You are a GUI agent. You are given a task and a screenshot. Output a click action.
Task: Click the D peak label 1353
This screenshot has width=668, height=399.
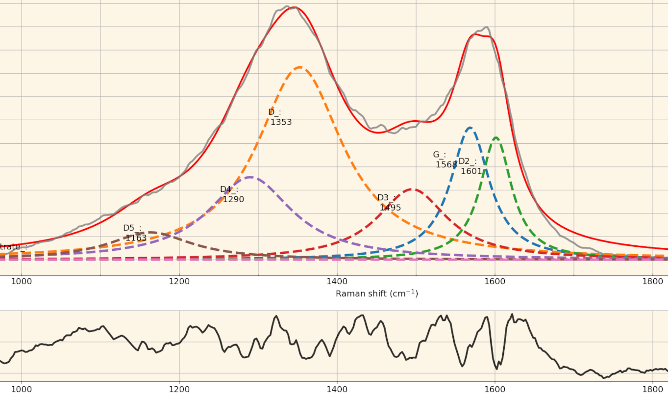pyautogui.click(x=280, y=117)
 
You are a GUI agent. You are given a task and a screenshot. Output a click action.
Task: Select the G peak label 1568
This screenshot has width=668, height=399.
pyautogui.click(x=445, y=160)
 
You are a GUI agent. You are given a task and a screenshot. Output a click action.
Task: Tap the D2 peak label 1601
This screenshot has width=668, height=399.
pyautogui.click(x=470, y=166)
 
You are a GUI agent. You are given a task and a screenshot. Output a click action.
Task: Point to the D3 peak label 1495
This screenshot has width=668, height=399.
pyautogui.click(x=390, y=203)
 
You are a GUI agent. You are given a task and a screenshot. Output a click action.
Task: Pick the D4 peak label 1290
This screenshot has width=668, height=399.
pyautogui.click(x=232, y=194)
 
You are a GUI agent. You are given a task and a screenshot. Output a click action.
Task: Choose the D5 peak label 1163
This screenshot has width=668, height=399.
pyautogui.click(x=135, y=233)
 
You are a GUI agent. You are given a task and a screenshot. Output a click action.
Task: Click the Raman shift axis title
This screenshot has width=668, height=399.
pyautogui.click(x=376, y=293)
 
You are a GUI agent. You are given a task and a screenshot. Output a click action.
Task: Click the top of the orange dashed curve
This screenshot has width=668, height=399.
pyautogui.click(x=299, y=67)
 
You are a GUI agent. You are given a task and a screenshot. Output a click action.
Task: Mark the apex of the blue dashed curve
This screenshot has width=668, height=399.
pyautogui.click(x=470, y=128)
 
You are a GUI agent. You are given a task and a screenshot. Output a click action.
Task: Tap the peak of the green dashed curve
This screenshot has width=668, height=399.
pyautogui.click(x=496, y=137)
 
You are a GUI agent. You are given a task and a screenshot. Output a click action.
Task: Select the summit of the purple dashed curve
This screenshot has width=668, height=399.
pyautogui.click(x=250, y=177)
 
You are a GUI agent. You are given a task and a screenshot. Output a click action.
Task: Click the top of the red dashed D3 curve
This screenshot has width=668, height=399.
pyautogui.click(x=412, y=189)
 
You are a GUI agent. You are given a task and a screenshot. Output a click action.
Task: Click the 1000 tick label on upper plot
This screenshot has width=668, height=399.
pyautogui.click(x=21, y=281)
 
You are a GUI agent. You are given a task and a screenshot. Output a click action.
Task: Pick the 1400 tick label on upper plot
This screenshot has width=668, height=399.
pyautogui.click(x=337, y=281)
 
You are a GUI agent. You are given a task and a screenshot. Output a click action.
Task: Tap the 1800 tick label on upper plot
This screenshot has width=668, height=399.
pyautogui.click(x=652, y=281)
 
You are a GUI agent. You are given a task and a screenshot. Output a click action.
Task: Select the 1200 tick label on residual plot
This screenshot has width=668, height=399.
pyautogui.click(x=179, y=389)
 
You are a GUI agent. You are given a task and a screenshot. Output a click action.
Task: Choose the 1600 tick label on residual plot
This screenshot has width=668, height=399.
pyautogui.click(x=495, y=389)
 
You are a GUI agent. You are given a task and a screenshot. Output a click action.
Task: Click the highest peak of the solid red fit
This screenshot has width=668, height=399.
pyautogui.click(x=295, y=7)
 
